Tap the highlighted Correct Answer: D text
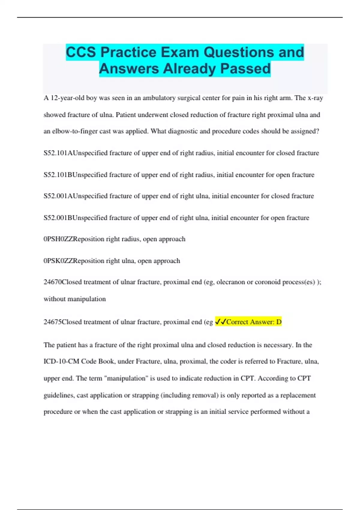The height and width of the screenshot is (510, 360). click(254, 322)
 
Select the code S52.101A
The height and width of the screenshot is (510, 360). click(58, 153)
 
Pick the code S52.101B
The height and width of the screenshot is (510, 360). click(58, 175)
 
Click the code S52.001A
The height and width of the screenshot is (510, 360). click(58, 196)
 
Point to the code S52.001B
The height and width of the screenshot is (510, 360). click(58, 217)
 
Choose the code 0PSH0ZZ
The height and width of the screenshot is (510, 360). click(58, 239)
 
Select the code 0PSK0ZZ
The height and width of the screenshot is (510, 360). click(58, 261)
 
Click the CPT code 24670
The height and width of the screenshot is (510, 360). click(52, 282)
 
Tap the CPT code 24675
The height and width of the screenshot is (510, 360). click(52, 322)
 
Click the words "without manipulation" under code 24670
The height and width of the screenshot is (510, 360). click(75, 299)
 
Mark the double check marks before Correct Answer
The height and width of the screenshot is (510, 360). click(220, 322)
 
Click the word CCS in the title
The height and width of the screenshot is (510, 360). click(81, 52)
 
